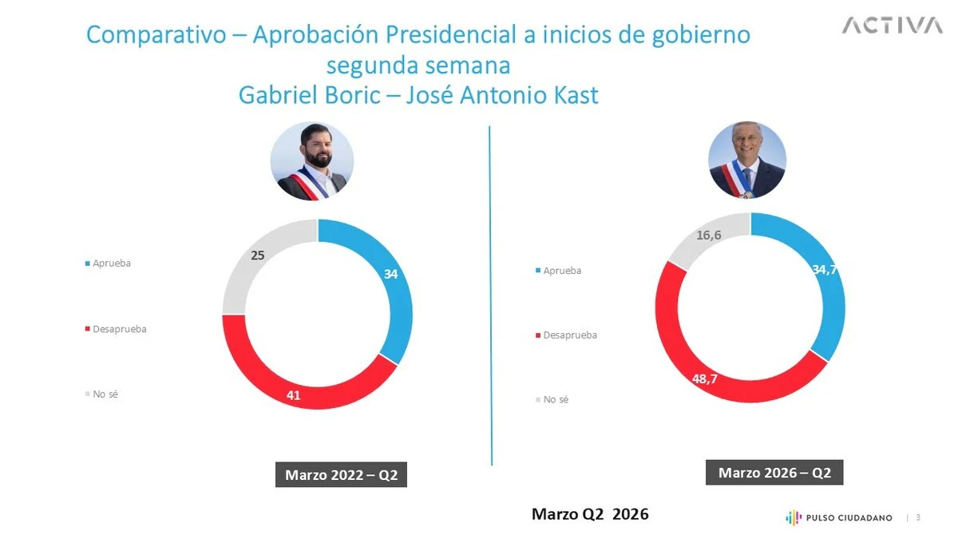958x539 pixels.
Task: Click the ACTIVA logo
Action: coord(891,26)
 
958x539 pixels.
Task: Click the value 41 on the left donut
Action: coord(294,394)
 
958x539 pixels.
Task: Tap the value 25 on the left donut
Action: coord(257,256)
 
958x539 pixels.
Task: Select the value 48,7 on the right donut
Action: coord(705,378)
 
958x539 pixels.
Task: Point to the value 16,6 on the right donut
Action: coord(709,236)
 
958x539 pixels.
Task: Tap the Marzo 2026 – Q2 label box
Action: coord(774,473)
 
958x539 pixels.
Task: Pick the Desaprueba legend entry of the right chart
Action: coord(569,335)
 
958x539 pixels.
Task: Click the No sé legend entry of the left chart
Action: coord(105,394)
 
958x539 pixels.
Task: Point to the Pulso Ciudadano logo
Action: coord(839,517)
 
